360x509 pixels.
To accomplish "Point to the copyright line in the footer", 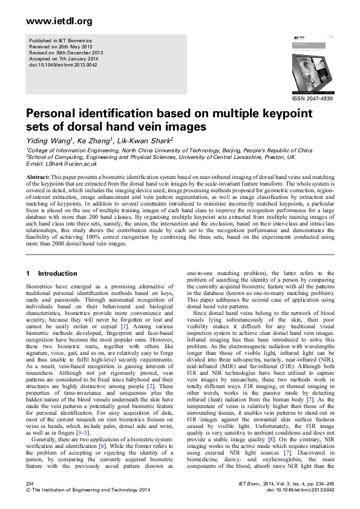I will (x=84, y=490).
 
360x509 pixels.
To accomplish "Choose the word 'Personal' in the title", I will (x=54, y=114).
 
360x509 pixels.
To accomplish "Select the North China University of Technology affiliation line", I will (x=169, y=150).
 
